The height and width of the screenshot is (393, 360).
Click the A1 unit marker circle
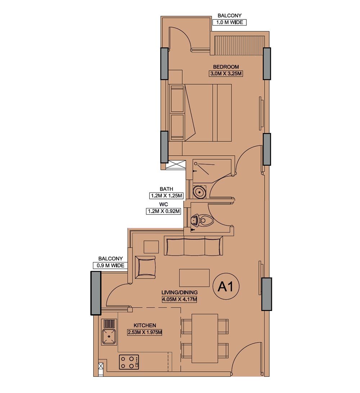[x=226, y=287]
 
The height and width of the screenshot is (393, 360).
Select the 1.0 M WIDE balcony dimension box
[x=229, y=22]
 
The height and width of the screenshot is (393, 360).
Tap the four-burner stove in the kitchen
[x=129, y=362]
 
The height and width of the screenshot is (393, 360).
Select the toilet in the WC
[x=202, y=220]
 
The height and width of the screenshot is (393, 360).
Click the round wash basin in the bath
[x=199, y=192]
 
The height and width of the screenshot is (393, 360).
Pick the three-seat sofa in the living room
[x=193, y=245]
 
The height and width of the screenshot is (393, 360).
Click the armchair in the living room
[x=145, y=267]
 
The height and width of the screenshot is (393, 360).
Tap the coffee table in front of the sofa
[x=194, y=278]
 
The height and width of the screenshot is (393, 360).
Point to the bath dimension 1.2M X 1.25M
[x=167, y=196]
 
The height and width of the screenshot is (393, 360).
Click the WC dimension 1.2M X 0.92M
[x=163, y=211]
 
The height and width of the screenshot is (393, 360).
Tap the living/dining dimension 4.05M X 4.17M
[x=180, y=299]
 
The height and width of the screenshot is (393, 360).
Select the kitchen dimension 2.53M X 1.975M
[x=145, y=332]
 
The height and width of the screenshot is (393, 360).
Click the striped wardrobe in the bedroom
[x=238, y=45]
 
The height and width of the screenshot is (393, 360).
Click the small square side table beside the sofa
[x=151, y=247]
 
